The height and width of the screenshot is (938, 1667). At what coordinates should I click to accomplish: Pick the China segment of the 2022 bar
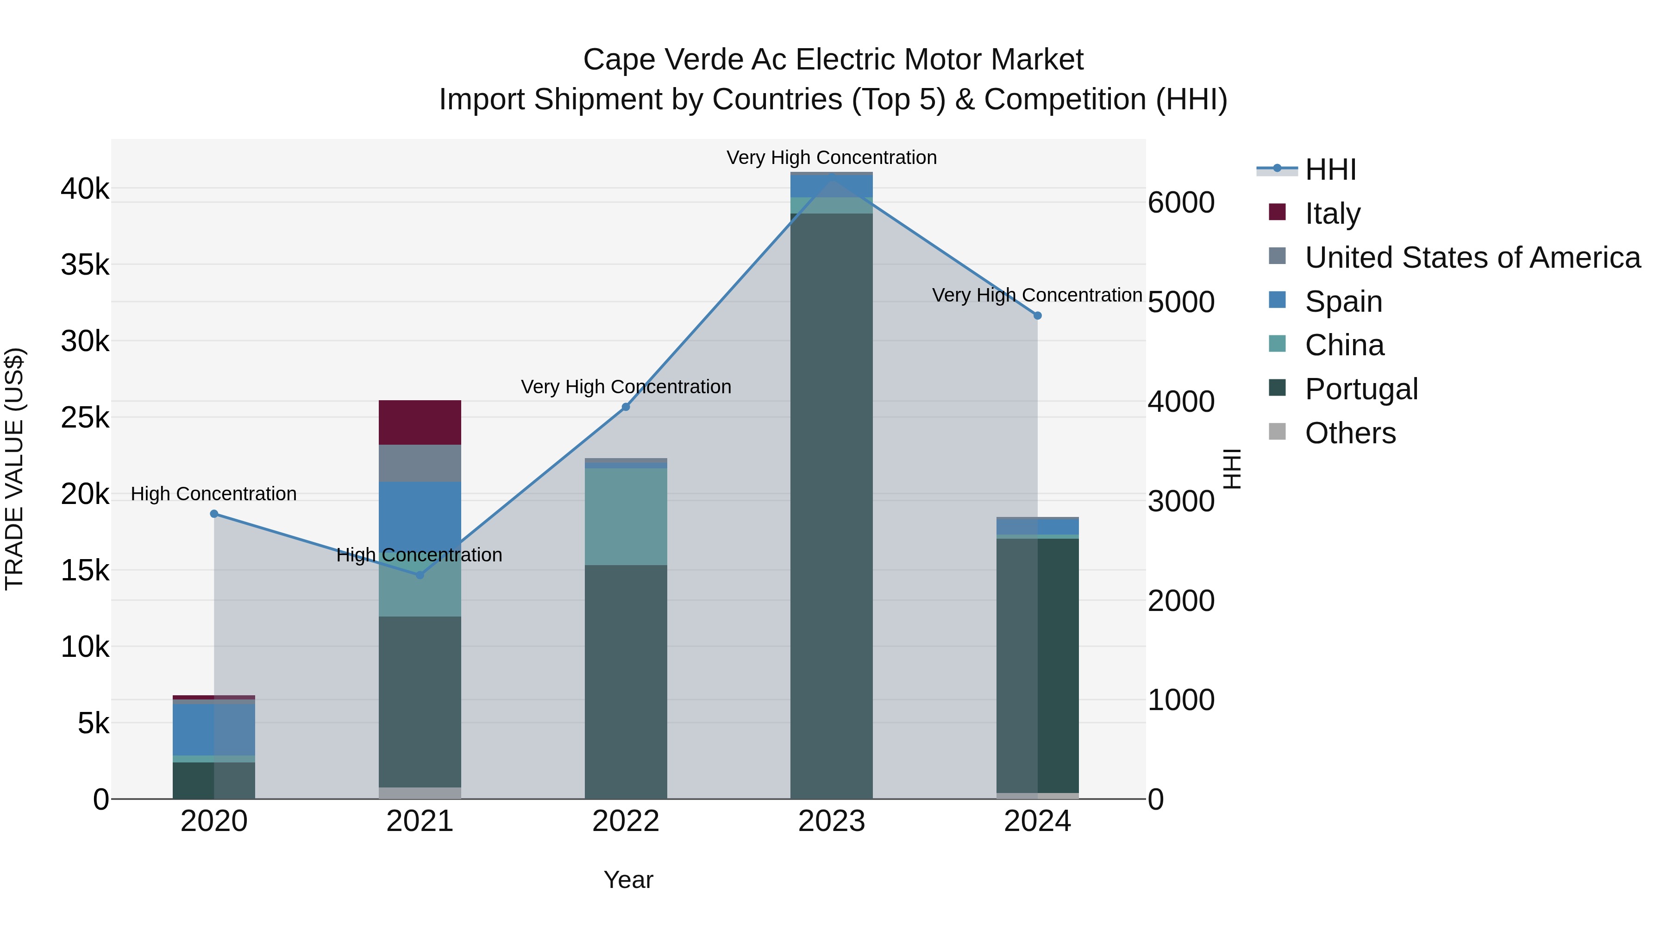(x=625, y=516)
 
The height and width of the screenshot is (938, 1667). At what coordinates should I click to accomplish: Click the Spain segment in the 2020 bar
(x=213, y=729)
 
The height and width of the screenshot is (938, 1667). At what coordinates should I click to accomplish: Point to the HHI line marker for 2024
(x=1037, y=316)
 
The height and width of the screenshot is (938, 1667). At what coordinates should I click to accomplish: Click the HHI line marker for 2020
(x=214, y=514)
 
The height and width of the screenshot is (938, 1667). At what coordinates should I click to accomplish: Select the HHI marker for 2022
(x=626, y=407)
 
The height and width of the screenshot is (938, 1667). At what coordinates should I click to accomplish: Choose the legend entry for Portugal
(x=1361, y=389)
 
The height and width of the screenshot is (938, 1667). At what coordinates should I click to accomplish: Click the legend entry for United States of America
(x=1472, y=258)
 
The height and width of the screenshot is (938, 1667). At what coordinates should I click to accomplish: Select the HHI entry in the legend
(x=1330, y=170)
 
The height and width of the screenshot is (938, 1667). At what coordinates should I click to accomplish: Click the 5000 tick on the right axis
(x=1181, y=302)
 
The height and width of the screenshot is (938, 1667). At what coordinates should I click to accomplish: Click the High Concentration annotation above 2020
(x=213, y=494)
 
